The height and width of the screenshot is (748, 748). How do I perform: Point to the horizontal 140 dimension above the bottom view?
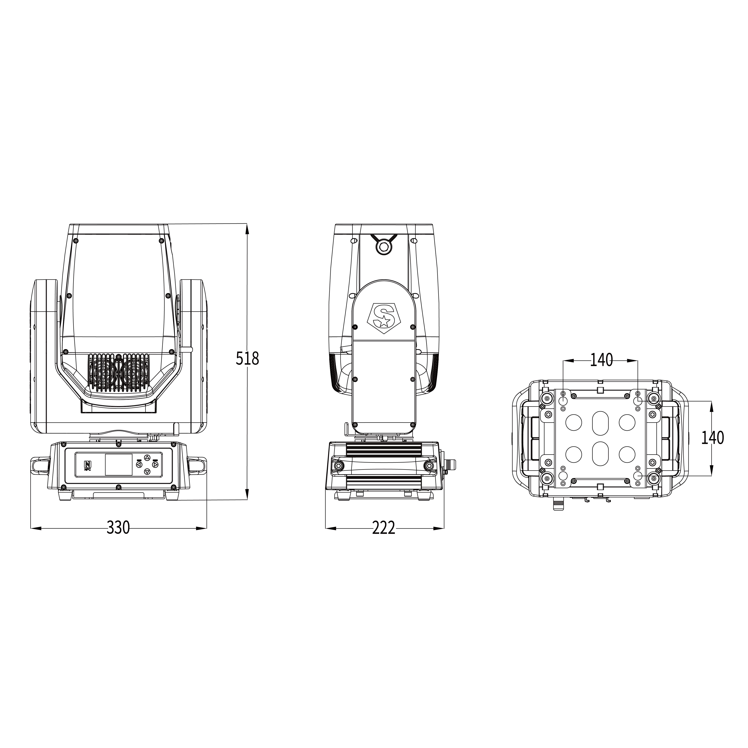click(x=601, y=360)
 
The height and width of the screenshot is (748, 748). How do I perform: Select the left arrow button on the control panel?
click(x=139, y=464)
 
